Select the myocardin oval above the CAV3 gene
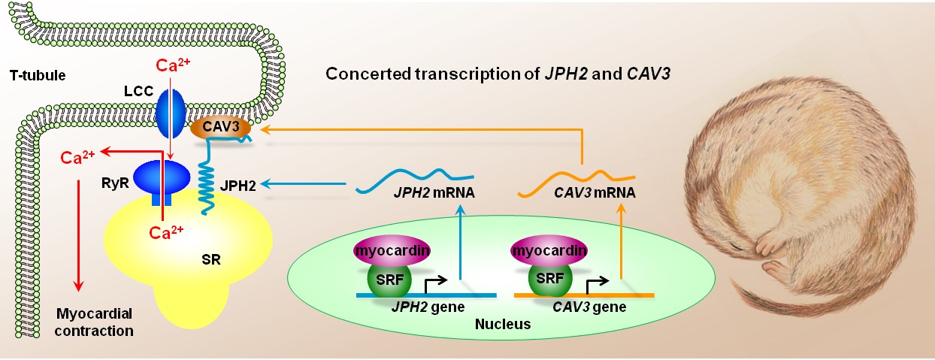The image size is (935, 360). tap(549, 248)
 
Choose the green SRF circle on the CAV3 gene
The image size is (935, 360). tap(551, 278)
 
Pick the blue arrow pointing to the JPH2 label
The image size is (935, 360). tap(301, 181)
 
